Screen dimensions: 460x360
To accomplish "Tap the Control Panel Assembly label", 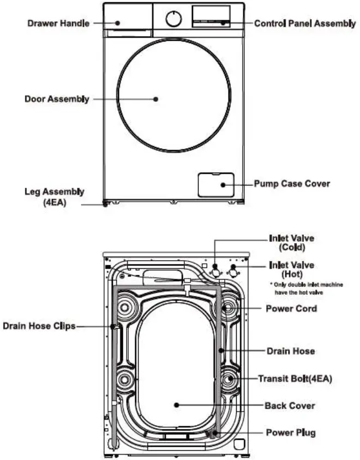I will (x=305, y=24).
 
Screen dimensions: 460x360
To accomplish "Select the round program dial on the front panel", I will (x=173, y=19).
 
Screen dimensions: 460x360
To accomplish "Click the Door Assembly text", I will (x=57, y=99).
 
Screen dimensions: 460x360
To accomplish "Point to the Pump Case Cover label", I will (x=292, y=184).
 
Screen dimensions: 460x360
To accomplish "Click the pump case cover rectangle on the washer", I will (x=215, y=184).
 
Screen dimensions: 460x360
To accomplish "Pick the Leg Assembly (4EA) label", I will (x=55, y=197).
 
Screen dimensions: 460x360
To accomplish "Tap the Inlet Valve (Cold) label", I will (x=291, y=243).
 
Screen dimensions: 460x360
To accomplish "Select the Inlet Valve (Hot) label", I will (x=292, y=269).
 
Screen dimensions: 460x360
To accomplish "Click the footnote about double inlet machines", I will (x=307, y=289).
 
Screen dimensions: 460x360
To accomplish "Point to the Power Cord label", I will (x=291, y=308).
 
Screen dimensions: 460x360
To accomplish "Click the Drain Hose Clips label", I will (x=39, y=326).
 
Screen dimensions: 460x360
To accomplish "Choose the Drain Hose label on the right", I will (x=291, y=351).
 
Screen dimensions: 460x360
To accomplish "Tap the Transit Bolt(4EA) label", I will (x=295, y=378).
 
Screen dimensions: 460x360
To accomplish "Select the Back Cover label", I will (x=290, y=405).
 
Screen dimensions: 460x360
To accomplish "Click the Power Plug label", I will (x=291, y=433).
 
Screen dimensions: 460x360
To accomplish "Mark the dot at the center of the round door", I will (x=156, y=99).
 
